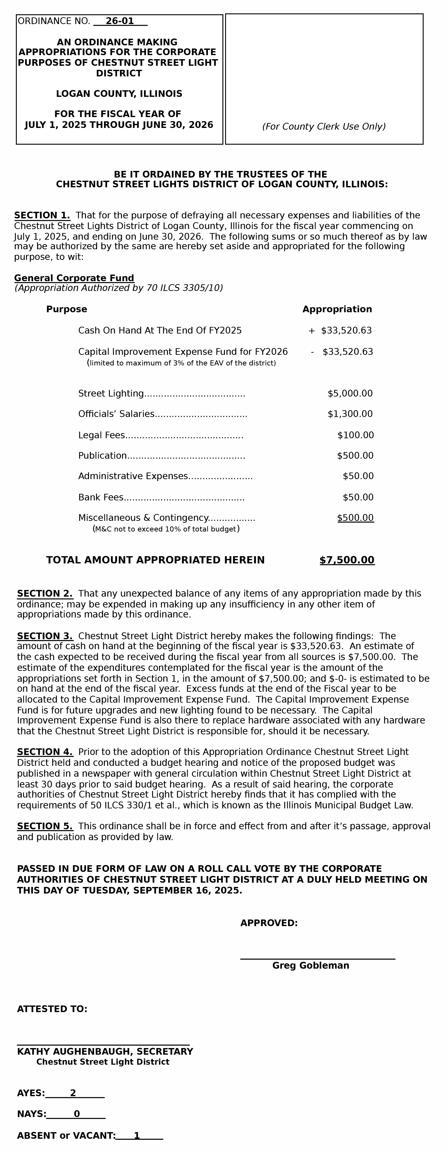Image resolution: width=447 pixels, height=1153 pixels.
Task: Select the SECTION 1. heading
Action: pos(42,215)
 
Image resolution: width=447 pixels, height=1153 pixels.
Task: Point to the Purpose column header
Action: pos(67,309)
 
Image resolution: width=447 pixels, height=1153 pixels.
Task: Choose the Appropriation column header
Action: pos(337,309)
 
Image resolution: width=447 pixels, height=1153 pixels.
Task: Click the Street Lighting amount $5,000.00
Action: pos(350,393)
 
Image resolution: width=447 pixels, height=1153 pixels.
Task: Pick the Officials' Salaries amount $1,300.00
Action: pos(350,414)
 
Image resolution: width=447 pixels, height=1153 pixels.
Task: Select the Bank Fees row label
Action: pos(101,497)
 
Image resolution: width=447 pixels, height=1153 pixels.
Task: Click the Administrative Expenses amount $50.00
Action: pos(358,476)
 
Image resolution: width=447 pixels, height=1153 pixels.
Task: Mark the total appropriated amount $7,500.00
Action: pos(347,560)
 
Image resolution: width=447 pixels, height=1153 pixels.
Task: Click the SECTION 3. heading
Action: pos(45,636)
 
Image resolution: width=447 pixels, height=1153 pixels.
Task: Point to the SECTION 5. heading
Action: pos(45,826)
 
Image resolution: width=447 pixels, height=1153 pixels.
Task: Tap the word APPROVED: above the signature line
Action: pos(269,923)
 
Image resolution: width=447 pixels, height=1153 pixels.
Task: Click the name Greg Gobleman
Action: pos(311,965)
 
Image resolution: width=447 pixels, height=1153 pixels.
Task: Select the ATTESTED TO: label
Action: pos(52,1009)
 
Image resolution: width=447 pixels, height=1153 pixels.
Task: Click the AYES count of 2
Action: pos(73,1093)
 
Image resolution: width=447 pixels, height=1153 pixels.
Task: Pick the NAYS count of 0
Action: pos(77,1114)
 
